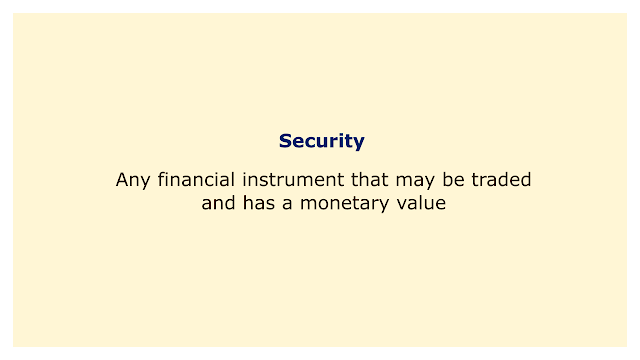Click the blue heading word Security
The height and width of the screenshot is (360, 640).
click(x=322, y=142)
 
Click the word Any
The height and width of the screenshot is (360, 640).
click(x=133, y=180)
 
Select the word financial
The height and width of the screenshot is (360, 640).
click(x=196, y=179)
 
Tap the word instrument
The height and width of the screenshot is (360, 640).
click(x=293, y=179)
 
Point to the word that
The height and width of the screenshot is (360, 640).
click(x=370, y=179)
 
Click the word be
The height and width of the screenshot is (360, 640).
click(x=453, y=179)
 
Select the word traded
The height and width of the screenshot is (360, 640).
click(x=501, y=179)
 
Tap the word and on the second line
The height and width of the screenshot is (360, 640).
click(x=218, y=202)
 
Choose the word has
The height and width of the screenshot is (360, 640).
click(x=259, y=202)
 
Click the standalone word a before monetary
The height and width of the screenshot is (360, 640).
click(x=287, y=204)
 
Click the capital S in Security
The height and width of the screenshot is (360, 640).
click(x=285, y=141)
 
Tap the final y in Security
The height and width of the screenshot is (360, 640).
click(x=359, y=144)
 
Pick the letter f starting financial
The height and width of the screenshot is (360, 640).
click(x=161, y=179)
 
